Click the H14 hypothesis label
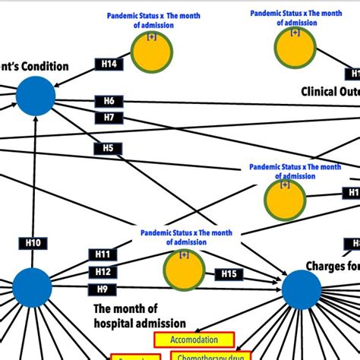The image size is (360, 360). click(x=109, y=64)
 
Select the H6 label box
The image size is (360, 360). click(x=109, y=101)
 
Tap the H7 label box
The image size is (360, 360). click(x=109, y=118)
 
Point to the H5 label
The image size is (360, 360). click(x=109, y=148)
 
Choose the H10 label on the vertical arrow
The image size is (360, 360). click(x=33, y=243)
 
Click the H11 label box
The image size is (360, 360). click(x=103, y=254)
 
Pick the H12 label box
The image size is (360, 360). click(x=103, y=271)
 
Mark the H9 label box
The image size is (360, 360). click(x=103, y=289)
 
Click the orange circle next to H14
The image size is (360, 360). click(x=152, y=51)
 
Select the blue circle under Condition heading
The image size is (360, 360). click(x=35, y=96)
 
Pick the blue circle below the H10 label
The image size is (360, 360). click(x=32, y=287)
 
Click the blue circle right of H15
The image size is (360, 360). click(x=302, y=289)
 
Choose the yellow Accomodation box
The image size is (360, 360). click(x=194, y=339)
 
